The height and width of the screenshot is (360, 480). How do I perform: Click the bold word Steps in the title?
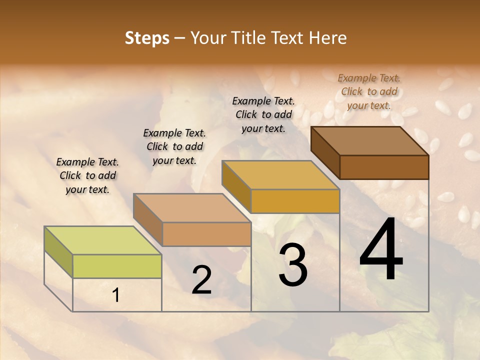click(147, 38)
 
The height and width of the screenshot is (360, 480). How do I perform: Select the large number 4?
click(381, 250)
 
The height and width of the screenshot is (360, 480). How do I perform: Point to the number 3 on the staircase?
click(293, 265)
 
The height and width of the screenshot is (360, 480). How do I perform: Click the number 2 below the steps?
click(201, 280)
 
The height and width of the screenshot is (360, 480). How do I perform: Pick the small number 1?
click(116, 295)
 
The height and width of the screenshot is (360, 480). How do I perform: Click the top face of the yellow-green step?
click(102, 240)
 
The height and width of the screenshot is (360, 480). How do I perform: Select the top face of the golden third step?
click(280, 175)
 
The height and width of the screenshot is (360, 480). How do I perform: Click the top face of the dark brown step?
click(369, 141)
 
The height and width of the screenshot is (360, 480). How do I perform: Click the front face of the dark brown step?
click(384, 167)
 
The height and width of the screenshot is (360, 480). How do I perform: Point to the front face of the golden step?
click(295, 201)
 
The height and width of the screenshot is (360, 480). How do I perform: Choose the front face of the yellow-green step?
click(117, 266)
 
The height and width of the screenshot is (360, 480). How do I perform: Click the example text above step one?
click(87, 175)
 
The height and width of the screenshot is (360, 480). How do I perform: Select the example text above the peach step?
click(174, 146)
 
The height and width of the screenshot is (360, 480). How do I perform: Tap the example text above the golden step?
click(263, 114)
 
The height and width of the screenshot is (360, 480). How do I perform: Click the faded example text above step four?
click(369, 91)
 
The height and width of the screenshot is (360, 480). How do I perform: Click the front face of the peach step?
click(206, 234)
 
